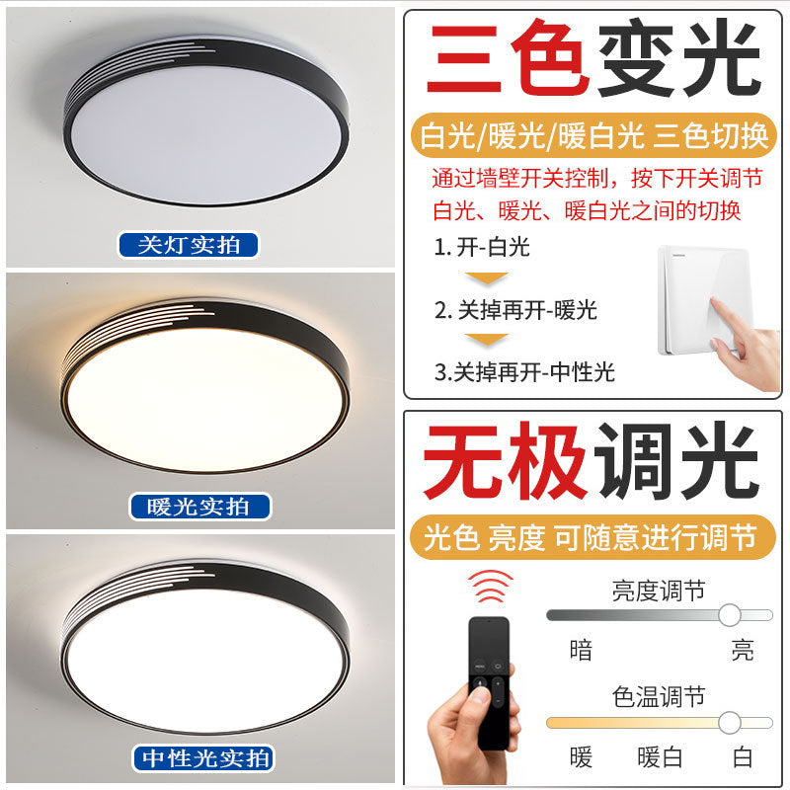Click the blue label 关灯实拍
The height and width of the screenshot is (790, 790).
[x=188, y=245]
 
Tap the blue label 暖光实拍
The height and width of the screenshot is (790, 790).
[x=200, y=508]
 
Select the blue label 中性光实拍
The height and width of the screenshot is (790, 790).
[x=202, y=758]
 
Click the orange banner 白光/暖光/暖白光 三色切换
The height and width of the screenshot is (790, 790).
[x=593, y=136]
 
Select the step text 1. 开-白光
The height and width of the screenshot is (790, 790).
[x=482, y=247]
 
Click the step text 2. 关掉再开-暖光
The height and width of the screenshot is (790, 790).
[x=515, y=309]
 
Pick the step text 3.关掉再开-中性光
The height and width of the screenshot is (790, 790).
[x=523, y=371]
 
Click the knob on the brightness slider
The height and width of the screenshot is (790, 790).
[x=730, y=615]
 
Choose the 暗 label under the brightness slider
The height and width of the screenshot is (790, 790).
[x=582, y=650]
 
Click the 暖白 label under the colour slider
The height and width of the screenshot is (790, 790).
[x=660, y=757]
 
